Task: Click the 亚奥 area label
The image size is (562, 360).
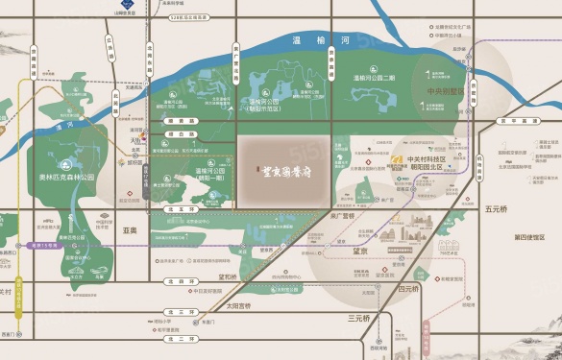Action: coord(132,230)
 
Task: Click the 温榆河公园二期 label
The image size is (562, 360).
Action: coord(374,77)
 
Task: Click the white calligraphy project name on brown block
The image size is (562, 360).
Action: coord(284,169)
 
